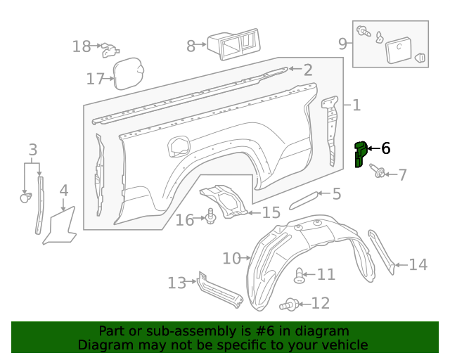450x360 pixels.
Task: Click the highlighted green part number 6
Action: (360, 154)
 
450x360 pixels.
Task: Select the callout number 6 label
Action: (385, 148)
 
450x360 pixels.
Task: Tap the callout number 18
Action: (82, 47)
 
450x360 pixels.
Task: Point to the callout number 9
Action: (343, 44)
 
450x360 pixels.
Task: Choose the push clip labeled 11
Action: (300, 275)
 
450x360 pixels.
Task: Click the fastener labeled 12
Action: (290, 304)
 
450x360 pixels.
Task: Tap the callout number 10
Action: (231, 259)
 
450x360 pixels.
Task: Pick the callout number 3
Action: (32, 150)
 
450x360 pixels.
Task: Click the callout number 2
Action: (307, 70)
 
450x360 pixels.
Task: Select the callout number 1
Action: (356, 105)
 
